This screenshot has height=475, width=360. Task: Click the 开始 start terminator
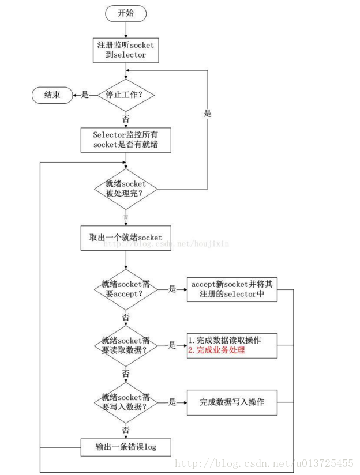click(x=126, y=13)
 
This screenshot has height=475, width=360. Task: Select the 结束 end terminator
click(x=52, y=95)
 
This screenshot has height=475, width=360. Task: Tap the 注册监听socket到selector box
click(x=126, y=50)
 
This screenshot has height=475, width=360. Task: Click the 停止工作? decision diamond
click(x=126, y=95)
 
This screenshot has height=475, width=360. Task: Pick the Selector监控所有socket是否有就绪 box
click(x=126, y=140)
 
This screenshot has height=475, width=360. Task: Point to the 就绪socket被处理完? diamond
click(x=126, y=189)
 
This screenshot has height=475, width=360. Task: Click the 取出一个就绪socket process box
click(x=126, y=237)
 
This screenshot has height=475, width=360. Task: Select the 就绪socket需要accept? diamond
click(x=126, y=289)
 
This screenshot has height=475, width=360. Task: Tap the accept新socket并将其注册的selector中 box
click(x=232, y=289)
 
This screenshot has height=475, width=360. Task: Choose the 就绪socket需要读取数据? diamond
click(x=126, y=345)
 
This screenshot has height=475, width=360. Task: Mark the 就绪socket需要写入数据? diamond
click(x=126, y=402)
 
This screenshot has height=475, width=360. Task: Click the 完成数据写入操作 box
click(x=232, y=402)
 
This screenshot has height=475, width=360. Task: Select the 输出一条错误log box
click(x=126, y=447)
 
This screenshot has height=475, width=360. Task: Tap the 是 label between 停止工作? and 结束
click(x=85, y=95)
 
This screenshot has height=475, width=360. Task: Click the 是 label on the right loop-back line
click(x=208, y=114)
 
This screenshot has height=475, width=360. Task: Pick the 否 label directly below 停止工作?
click(x=126, y=119)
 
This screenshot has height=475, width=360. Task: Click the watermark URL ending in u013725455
click(x=264, y=463)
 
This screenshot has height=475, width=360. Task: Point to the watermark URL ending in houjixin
click(x=166, y=244)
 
